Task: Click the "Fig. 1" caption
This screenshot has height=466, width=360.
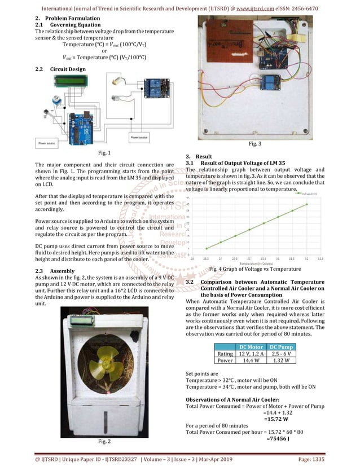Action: (104, 153)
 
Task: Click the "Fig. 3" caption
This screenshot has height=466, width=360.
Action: (254, 144)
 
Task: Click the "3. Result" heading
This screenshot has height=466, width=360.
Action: (199, 156)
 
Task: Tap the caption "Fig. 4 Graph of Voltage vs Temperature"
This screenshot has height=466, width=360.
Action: (254, 270)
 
